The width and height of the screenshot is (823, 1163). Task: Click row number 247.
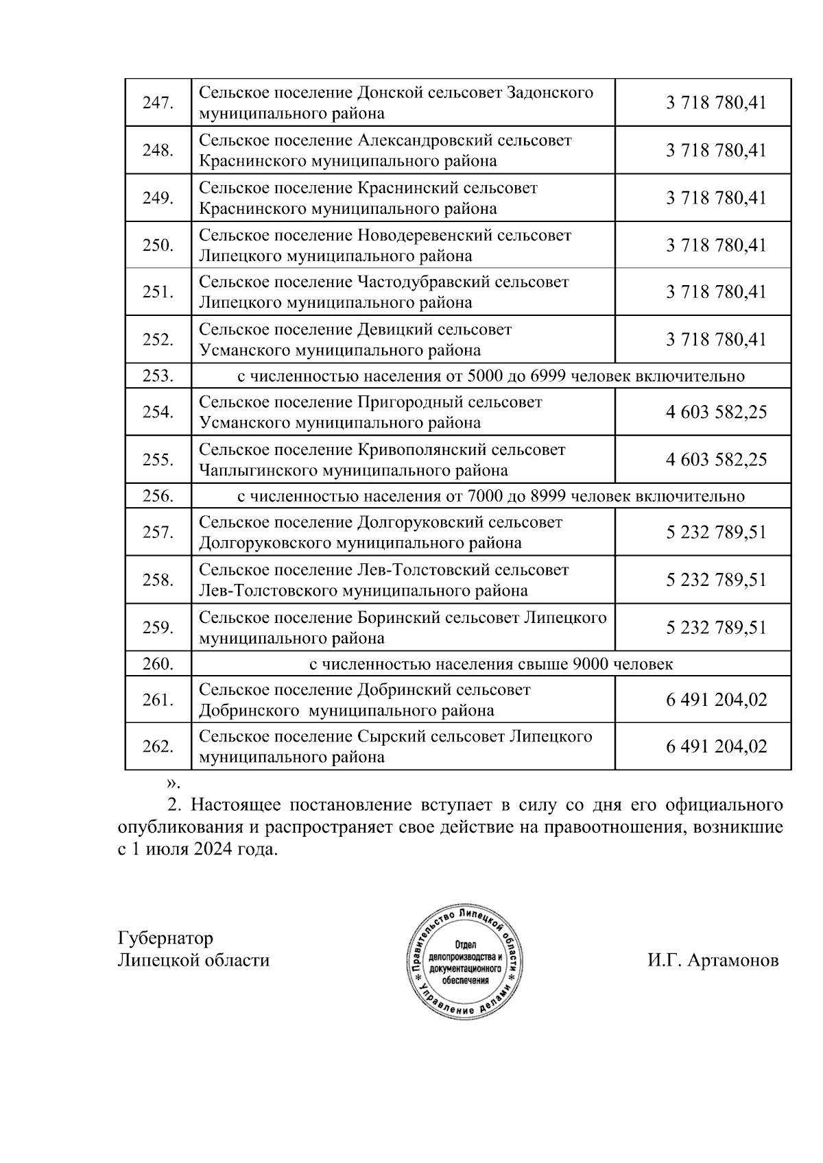click(x=157, y=103)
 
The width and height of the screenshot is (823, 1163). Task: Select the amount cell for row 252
click(x=715, y=340)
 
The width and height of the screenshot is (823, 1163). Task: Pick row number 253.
click(x=157, y=376)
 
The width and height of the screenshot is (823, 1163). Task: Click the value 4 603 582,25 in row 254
click(x=715, y=413)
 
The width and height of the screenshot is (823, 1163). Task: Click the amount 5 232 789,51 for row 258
click(x=715, y=580)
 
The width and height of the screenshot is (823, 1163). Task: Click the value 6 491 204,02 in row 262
click(x=715, y=747)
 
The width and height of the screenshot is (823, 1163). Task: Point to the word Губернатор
click(x=165, y=938)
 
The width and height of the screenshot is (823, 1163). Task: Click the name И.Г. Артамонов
click(x=713, y=960)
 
